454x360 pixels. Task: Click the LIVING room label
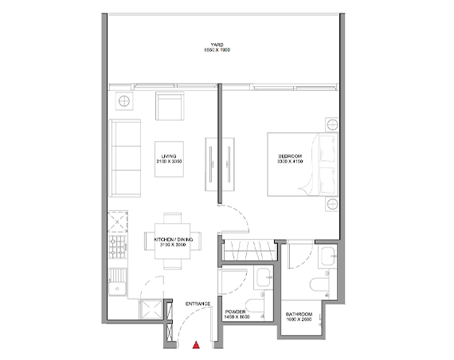click(168, 156)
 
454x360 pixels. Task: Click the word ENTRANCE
click(198, 303)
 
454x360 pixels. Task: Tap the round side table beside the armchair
click(126, 102)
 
